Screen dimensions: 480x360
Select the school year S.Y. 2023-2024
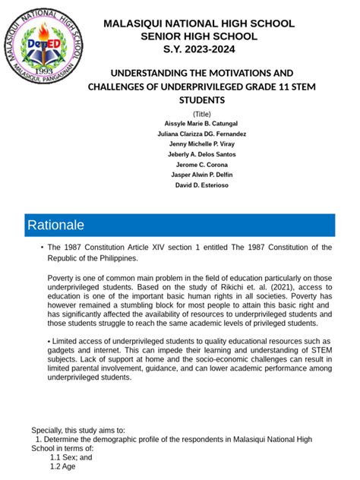coord(198,49)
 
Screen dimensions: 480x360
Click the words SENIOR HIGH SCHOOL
coord(198,36)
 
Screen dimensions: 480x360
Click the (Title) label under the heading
coord(201,113)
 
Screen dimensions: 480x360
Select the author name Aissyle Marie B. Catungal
coord(201,123)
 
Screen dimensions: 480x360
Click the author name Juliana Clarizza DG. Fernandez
coord(201,134)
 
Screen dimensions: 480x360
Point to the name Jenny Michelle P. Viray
coord(201,144)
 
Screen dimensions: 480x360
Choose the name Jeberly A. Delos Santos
coord(201,154)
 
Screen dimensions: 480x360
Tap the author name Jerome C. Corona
coord(201,164)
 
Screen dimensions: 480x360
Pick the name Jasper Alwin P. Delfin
coord(201,175)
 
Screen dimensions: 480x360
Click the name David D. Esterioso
coord(201,185)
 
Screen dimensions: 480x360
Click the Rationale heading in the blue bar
coord(55,226)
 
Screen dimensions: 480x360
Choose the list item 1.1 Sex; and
coord(71,458)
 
